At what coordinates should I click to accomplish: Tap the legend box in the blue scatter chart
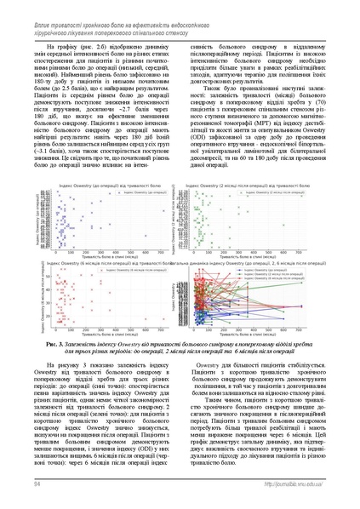(135, 193)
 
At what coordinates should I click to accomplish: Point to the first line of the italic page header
(119, 7)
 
